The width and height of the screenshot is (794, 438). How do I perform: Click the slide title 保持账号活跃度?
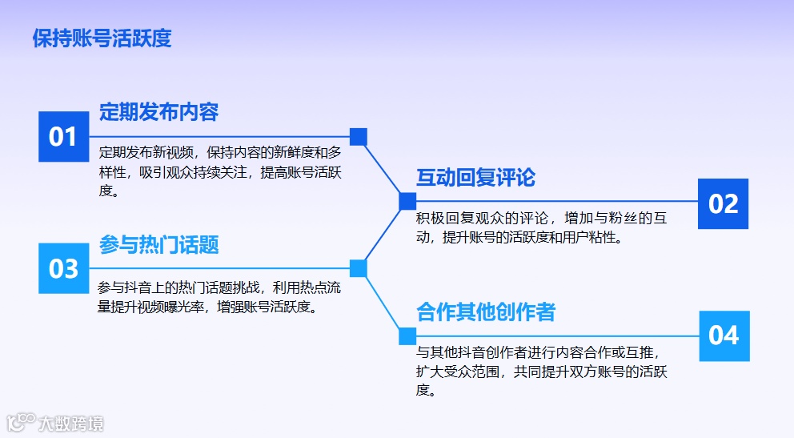tap(102, 38)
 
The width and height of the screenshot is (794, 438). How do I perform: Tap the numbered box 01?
tap(62, 137)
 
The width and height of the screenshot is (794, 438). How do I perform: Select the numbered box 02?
tap(723, 203)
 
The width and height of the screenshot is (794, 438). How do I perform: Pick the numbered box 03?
tap(62, 268)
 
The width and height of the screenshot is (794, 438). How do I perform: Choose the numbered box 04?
tap(724, 335)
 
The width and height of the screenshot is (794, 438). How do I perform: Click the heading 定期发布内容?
tap(158, 112)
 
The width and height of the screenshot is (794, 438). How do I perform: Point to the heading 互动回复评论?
tap(475, 178)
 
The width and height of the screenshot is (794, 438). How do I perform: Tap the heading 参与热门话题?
tap(158, 245)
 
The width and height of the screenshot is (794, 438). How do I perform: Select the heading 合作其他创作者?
tap(485, 312)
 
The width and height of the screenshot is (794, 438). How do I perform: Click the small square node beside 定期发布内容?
tap(359, 137)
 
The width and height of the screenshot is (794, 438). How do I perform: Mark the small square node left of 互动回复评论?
tap(407, 201)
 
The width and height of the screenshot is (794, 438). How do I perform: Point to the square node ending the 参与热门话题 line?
tap(359, 268)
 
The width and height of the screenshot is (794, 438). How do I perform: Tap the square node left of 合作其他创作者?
tap(407, 336)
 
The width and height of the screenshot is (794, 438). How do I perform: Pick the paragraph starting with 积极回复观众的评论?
tap(540, 227)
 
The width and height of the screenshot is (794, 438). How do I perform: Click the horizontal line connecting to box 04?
tap(560, 336)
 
